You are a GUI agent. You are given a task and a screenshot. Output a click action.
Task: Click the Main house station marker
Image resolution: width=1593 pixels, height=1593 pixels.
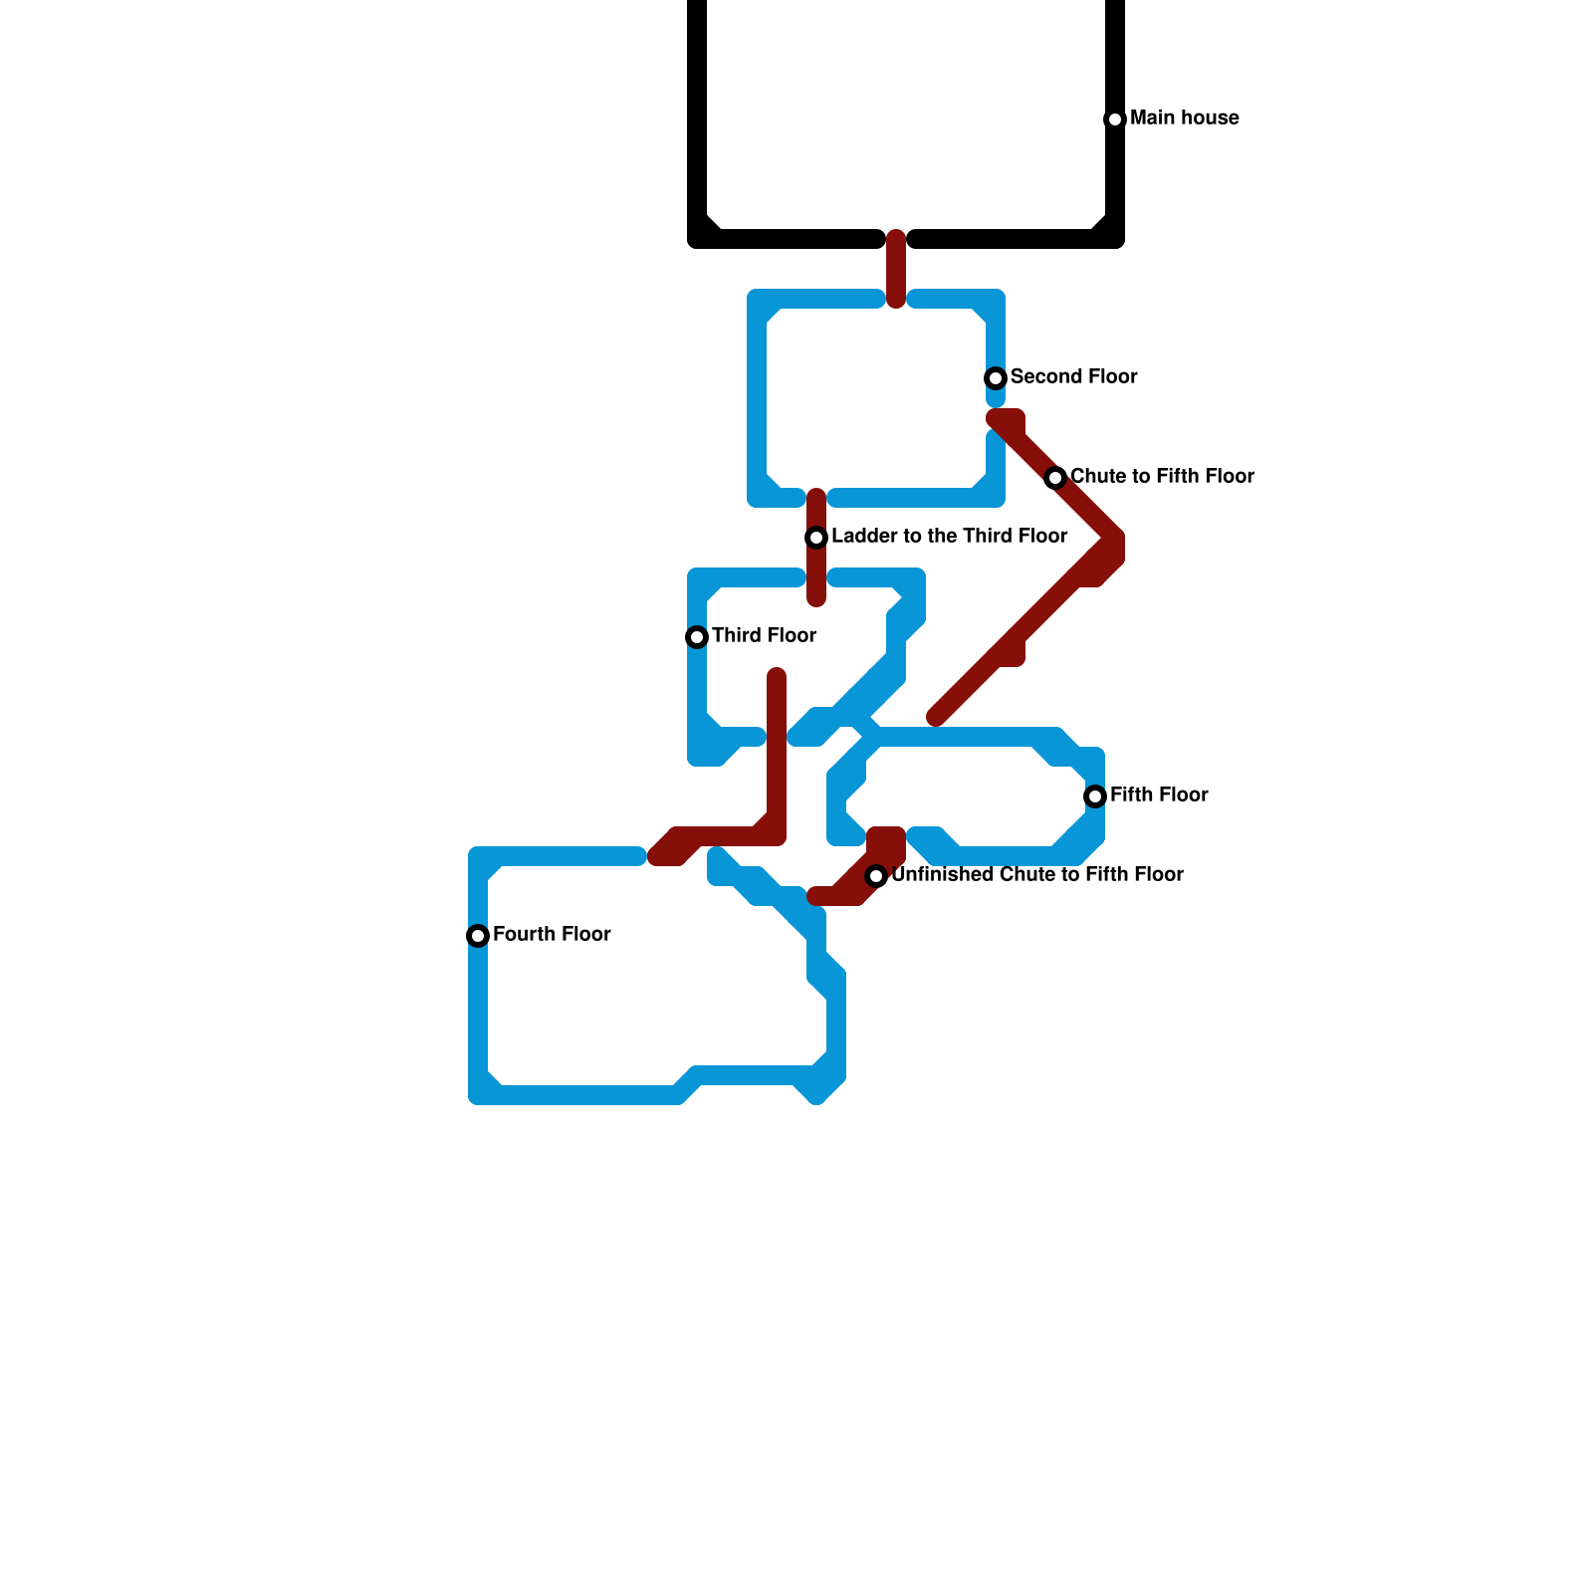(x=1115, y=119)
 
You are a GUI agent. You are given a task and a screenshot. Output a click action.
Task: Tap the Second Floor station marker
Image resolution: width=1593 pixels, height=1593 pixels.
(x=996, y=378)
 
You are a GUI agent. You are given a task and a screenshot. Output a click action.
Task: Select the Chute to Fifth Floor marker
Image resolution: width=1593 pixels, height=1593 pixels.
(x=1055, y=478)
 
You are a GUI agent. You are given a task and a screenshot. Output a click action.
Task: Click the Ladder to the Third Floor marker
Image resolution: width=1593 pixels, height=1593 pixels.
(x=816, y=538)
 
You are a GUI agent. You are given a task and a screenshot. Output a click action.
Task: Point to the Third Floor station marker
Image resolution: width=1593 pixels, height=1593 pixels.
(x=697, y=637)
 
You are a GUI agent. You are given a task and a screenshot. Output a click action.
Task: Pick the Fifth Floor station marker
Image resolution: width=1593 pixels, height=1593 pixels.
(x=1095, y=796)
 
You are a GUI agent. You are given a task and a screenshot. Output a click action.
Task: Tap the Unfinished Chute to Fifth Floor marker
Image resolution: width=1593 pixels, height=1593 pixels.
(x=876, y=876)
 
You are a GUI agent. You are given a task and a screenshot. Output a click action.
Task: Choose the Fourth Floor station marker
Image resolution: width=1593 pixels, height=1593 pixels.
(x=478, y=936)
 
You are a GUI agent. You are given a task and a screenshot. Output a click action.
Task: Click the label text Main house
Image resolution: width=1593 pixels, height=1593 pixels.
(x=1184, y=118)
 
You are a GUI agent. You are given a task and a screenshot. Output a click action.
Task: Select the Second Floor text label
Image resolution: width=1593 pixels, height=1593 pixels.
(x=1073, y=377)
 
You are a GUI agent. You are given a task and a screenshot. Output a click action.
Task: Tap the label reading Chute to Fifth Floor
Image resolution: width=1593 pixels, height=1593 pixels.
(x=1161, y=477)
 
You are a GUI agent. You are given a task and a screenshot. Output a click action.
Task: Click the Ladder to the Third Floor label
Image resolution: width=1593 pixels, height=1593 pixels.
(x=949, y=537)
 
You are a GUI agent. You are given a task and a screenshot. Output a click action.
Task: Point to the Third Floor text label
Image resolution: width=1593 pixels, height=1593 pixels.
(x=764, y=636)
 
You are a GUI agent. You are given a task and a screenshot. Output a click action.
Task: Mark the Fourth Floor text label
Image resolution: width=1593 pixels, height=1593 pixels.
(x=552, y=935)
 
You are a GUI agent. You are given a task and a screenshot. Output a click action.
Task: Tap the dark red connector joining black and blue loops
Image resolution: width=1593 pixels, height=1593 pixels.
(x=896, y=269)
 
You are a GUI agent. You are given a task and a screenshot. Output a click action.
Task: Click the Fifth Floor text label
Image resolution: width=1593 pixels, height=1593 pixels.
(x=1159, y=796)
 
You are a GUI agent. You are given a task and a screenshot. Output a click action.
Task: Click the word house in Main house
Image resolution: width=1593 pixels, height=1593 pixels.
(x=1211, y=118)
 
